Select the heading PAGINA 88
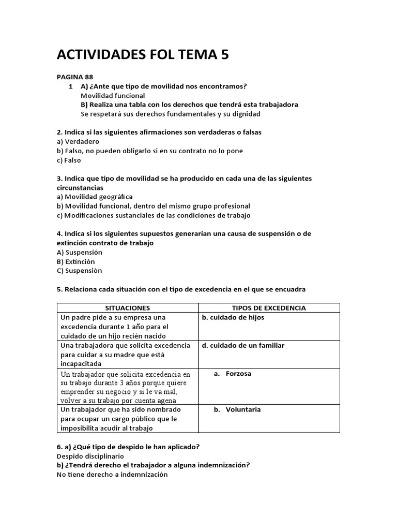(74, 77)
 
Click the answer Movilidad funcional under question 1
(113, 95)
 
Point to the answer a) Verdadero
(78, 141)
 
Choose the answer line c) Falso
(70, 160)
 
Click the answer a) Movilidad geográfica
(94, 197)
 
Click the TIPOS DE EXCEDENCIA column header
(269, 308)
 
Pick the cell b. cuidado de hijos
(233, 317)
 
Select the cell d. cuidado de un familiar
(243, 345)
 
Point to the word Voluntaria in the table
(243, 409)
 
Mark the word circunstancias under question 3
(80, 187)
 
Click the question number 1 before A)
(70, 86)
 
